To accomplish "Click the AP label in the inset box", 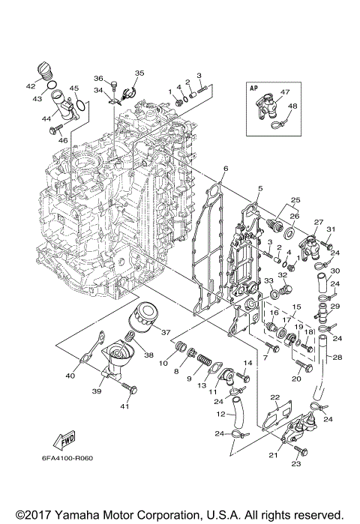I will tap(253, 87).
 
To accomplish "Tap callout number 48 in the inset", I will tap(292, 106).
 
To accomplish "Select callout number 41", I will tap(124, 406).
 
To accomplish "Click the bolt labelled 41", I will tap(133, 391).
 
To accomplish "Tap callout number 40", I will tap(70, 376).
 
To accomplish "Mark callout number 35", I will tap(139, 73).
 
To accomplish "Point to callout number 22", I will tap(275, 397).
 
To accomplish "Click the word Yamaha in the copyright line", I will tap(75, 515).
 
